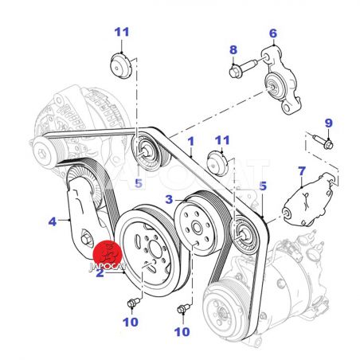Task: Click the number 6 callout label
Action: (273, 33)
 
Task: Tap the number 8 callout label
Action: (233, 50)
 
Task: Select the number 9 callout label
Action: (329, 123)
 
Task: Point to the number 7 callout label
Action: (302, 171)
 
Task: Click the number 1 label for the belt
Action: (191, 142)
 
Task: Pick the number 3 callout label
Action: (169, 199)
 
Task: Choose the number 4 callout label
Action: (53, 221)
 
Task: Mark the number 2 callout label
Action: (100, 273)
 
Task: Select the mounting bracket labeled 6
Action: (283, 80)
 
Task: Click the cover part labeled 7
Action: (309, 201)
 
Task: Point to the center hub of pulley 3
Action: (197, 228)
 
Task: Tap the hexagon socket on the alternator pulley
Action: (41, 154)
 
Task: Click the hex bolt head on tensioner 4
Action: (85, 240)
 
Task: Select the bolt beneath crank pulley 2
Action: (134, 303)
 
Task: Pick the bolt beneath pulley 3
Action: (183, 309)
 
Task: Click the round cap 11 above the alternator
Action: (121, 65)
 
